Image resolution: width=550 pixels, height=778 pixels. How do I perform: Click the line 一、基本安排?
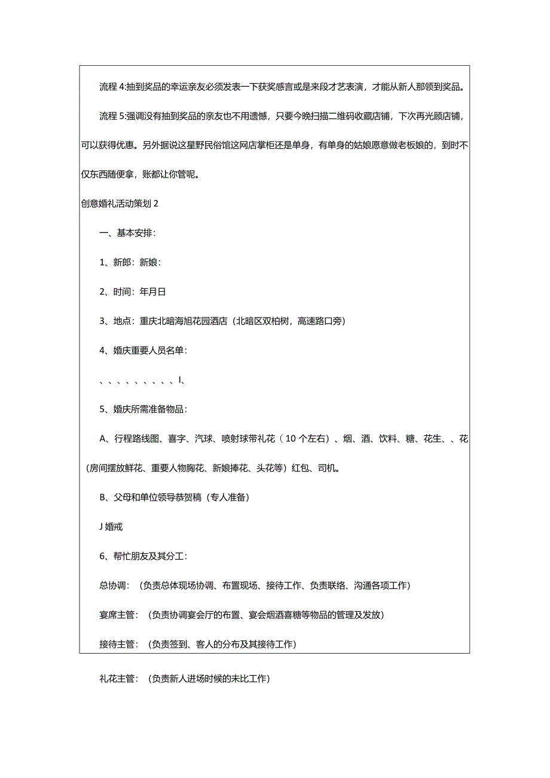(x=127, y=234)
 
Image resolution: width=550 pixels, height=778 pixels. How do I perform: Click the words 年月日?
(x=152, y=292)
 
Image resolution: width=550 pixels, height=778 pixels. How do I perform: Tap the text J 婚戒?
(x=111, y=527)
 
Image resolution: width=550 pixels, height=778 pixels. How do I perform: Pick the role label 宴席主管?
(x=118, y=615)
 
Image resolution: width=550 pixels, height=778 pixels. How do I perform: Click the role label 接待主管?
(x=118, y=644)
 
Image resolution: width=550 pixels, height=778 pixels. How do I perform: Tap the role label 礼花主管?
(x=118, y=679)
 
